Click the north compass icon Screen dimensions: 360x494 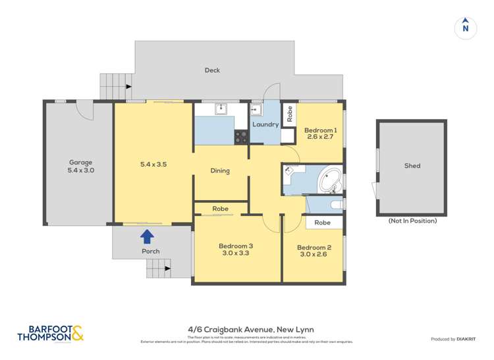(466, 28)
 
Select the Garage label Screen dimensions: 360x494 (81, 163)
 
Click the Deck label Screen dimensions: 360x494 (212, 70)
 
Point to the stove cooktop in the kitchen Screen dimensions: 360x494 (242, 137)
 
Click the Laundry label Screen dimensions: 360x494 (265, 124)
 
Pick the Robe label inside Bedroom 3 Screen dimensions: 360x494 (220, 209)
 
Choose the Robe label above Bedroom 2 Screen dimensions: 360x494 (322, 222)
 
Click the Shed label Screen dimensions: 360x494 (412, 166)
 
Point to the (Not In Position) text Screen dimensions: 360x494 (412, 221)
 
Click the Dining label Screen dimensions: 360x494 (220, 171)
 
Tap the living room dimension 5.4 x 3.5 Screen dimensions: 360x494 (152, 165)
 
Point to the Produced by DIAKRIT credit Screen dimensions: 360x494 (453, 339)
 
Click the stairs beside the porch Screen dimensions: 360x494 (158, 267)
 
